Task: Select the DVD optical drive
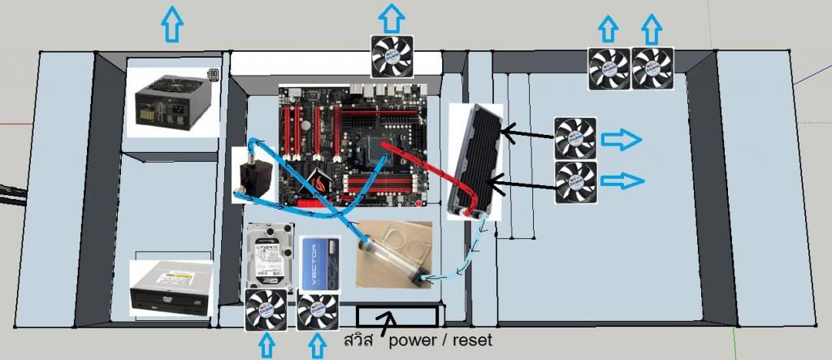point(171,288)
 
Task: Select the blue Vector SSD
point(318,262)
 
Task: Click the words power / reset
point(440,340)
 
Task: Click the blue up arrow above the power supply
point(172,24)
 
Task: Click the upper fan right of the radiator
point(576,138)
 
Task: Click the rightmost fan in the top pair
point(652,68)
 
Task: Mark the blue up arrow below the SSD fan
point(318,347)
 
